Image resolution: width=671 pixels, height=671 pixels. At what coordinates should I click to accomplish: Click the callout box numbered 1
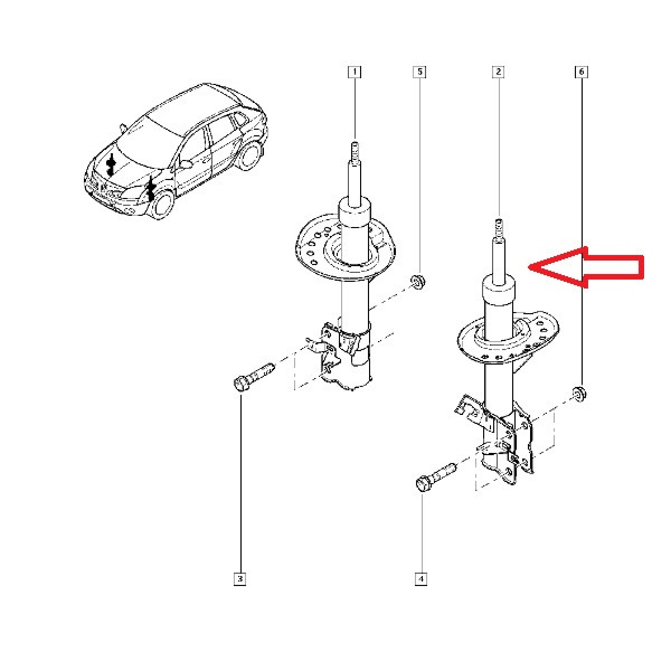(x=355, y=72)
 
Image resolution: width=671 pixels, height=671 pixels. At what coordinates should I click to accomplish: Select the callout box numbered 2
(x=498, y=72)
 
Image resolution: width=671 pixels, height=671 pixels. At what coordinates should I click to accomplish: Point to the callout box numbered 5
(x=419, y=72)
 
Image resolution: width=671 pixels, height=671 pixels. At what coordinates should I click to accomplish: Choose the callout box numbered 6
(x=581, y=72)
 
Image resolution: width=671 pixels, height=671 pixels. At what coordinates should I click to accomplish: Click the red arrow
(x=586, y=267)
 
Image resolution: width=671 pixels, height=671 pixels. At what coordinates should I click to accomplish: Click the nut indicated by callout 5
(x=418, y=282)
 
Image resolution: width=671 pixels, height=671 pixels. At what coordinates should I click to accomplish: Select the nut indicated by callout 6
(x=579, y=394)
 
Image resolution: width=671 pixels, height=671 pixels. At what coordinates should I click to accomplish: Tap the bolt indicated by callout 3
(x=254, y=377)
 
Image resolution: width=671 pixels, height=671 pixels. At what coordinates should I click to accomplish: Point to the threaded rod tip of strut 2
(x=499, y=229)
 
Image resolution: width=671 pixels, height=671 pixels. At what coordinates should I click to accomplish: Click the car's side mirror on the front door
(x=186, y=164)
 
